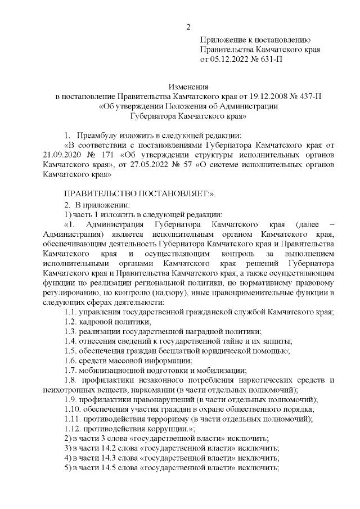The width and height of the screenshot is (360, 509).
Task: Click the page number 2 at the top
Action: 189,27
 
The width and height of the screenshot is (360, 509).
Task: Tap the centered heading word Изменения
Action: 189,87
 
